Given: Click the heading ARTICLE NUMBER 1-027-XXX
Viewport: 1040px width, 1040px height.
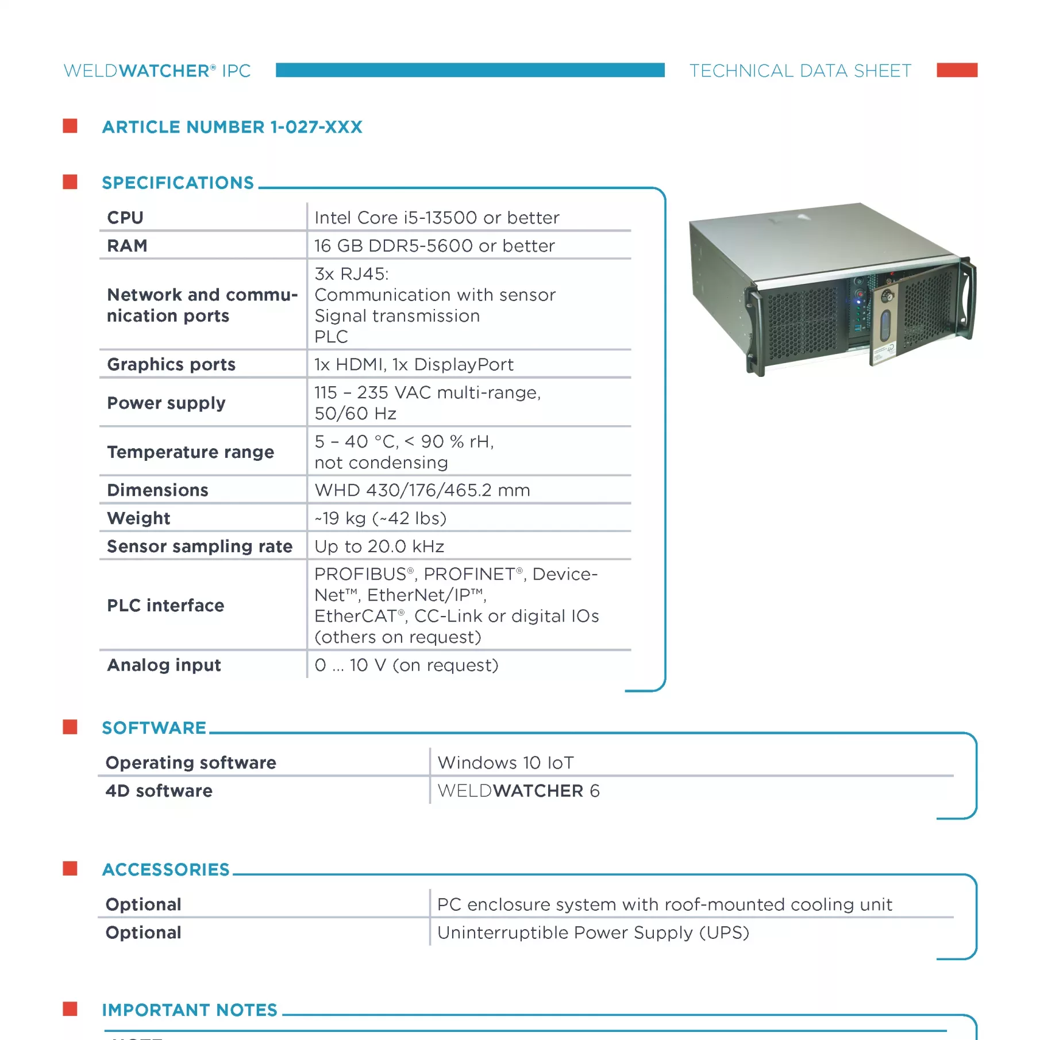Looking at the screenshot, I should click(232, 127).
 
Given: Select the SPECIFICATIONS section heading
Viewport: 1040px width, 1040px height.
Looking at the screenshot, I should click(178, 183).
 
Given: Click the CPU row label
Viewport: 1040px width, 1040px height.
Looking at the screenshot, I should click(125, 218).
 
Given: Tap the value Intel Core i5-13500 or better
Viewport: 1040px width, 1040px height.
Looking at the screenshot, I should click(437, 218).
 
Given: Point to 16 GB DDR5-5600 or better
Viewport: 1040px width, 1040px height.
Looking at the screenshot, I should click(434, 246).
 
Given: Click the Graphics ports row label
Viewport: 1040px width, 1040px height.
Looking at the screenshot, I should click(171, 364).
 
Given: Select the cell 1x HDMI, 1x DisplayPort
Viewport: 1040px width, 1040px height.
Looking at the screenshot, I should click(414, 364).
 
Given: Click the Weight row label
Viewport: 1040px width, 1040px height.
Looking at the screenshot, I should click(138, 518).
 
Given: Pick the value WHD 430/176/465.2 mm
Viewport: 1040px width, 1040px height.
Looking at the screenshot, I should click(422, 490).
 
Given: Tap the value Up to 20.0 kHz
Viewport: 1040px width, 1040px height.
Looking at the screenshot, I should click(379, 546).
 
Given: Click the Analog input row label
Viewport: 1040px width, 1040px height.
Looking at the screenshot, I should click(164, 665).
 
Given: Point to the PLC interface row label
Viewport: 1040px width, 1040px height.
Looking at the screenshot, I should click(165, 605).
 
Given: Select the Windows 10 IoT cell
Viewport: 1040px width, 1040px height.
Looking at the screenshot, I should click(506, 762).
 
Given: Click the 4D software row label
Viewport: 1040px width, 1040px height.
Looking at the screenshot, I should click(159, 791).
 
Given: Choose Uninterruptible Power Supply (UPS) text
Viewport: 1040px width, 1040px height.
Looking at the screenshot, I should click(593, 933).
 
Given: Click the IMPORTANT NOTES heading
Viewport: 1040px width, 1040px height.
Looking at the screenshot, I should click(190, 1010).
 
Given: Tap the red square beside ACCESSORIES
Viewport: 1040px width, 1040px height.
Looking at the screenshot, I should click(70, 868).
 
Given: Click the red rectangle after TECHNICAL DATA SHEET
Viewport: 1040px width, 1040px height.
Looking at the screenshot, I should click(957, 70).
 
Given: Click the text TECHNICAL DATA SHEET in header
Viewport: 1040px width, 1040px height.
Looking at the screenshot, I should click(800, 71).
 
